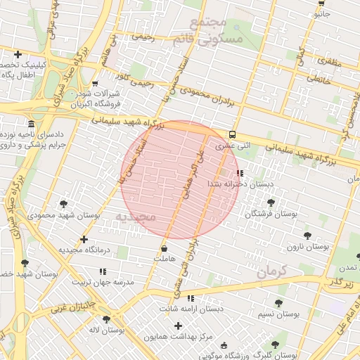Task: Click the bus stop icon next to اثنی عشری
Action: pyautogui.click(x=232, y=135)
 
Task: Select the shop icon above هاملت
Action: pyautogui.click(x=164, y=248)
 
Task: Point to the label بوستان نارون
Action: pyautogui.click(x=308, y=247)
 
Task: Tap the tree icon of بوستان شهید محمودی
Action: pyautogui.click(x=64, y=204)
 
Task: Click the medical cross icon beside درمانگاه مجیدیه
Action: pyautogui.click(x=84, y=240)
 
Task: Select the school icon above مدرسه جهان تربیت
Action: pyautogui.click(x=103, y=271)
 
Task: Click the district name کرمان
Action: pyautogui.click(x=272, y=271)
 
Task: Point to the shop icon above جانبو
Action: pyautogui.click(x=321, y=3)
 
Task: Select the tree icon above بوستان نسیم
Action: pyautogui.click(x=278, y=303)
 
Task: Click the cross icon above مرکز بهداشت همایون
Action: pyautogui.click(x=178, y=326)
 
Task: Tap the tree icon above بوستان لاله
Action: pyautogui.click(x=106, y=319)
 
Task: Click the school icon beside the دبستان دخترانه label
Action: pyautogui.click(x=240, y=172)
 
